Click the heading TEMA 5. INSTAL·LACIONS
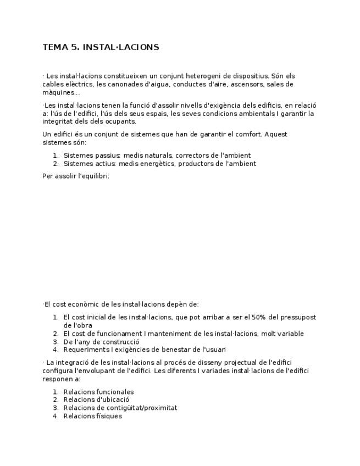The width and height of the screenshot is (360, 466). click(101, 47)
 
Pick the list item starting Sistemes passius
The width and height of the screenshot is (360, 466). click(157, 156)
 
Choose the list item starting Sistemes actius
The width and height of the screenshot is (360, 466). click(159, 163)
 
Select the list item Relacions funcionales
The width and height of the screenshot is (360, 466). click(98, 392)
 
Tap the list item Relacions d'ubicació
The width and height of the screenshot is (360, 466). click(96, 400)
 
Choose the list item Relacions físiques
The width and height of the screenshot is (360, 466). click(92, 416)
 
